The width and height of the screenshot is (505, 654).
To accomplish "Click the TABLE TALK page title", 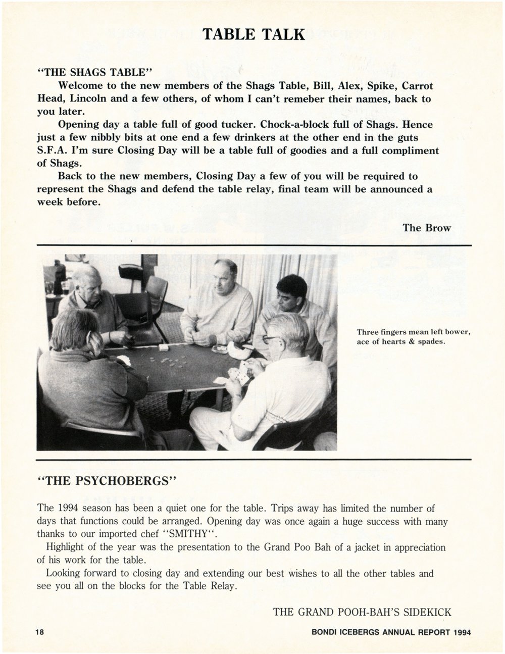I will (254, 34).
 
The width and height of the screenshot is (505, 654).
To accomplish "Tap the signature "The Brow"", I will (426, 227).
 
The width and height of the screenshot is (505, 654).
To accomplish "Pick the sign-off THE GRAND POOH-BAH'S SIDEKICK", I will (362, 612).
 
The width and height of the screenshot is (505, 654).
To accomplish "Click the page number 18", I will (40, 632).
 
